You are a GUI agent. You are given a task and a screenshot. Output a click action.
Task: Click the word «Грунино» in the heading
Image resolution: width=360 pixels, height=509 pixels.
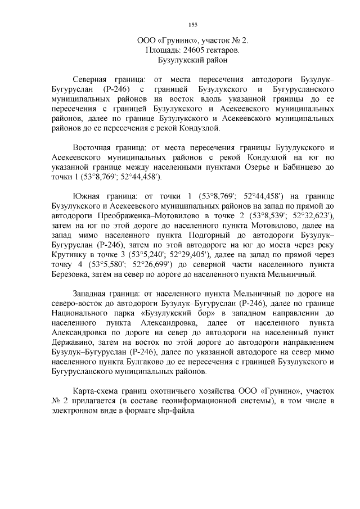[x=177, y=40]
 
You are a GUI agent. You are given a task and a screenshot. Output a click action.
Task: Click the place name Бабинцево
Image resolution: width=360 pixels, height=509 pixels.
[x=304, y=168]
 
